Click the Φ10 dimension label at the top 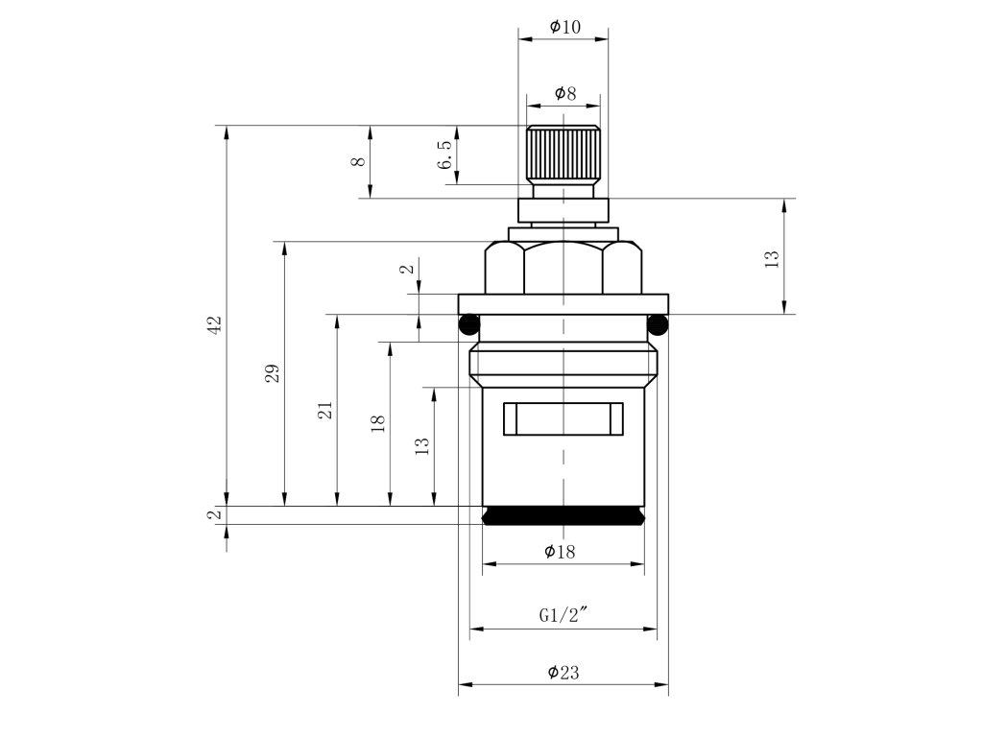pos(564,27)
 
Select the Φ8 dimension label pos(564,94)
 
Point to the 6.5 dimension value pos(444,155)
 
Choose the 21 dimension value pos(325,410)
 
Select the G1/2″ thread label pos(563,616)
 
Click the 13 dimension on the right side pos(772,257)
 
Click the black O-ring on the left pos(468,324)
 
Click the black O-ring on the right pos(659,324)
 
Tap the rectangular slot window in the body pos(563,418)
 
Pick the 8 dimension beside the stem pos(357,162)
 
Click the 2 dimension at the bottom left pos(214,515)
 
